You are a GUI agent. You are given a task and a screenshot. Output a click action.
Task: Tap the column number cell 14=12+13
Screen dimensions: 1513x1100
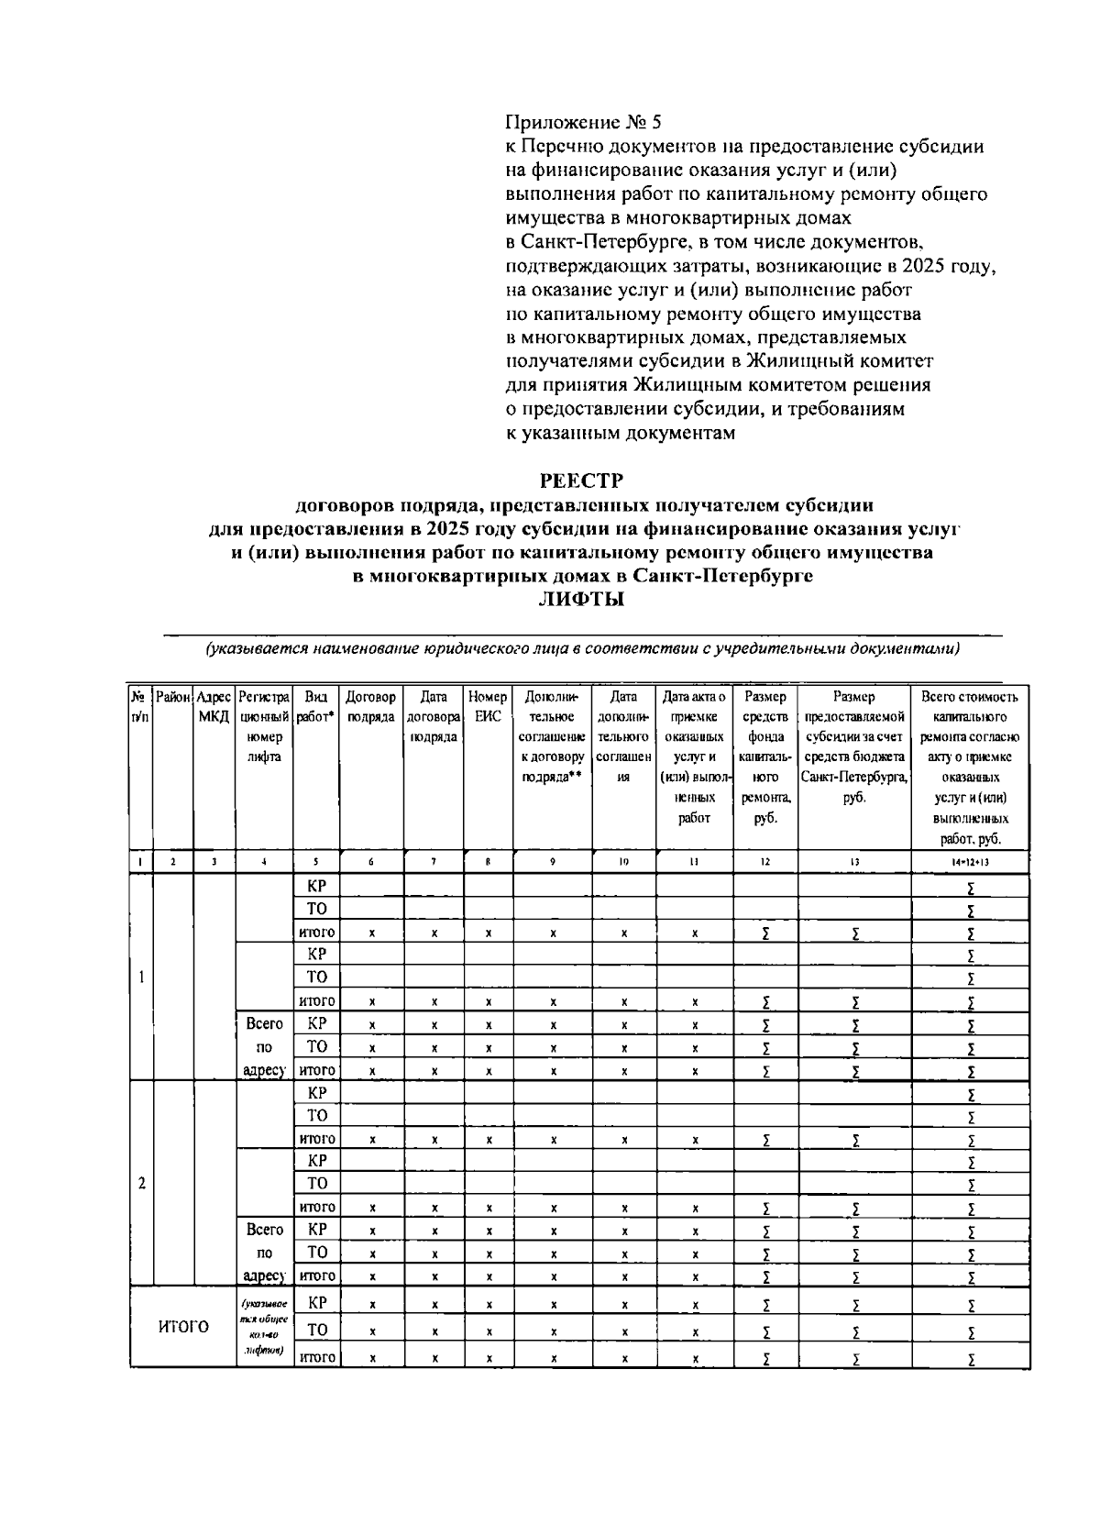[968, 862]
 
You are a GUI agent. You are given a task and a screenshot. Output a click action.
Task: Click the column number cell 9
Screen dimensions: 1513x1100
[553, 862]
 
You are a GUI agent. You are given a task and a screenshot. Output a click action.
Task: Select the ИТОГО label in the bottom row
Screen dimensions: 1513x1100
[183, 1327]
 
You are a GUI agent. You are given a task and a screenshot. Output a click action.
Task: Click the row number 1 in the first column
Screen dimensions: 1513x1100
[141, 977]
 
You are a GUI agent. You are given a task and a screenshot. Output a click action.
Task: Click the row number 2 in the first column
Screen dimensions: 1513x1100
[141, 1183]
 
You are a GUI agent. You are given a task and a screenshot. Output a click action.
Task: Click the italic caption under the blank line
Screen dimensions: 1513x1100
[582, 649]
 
